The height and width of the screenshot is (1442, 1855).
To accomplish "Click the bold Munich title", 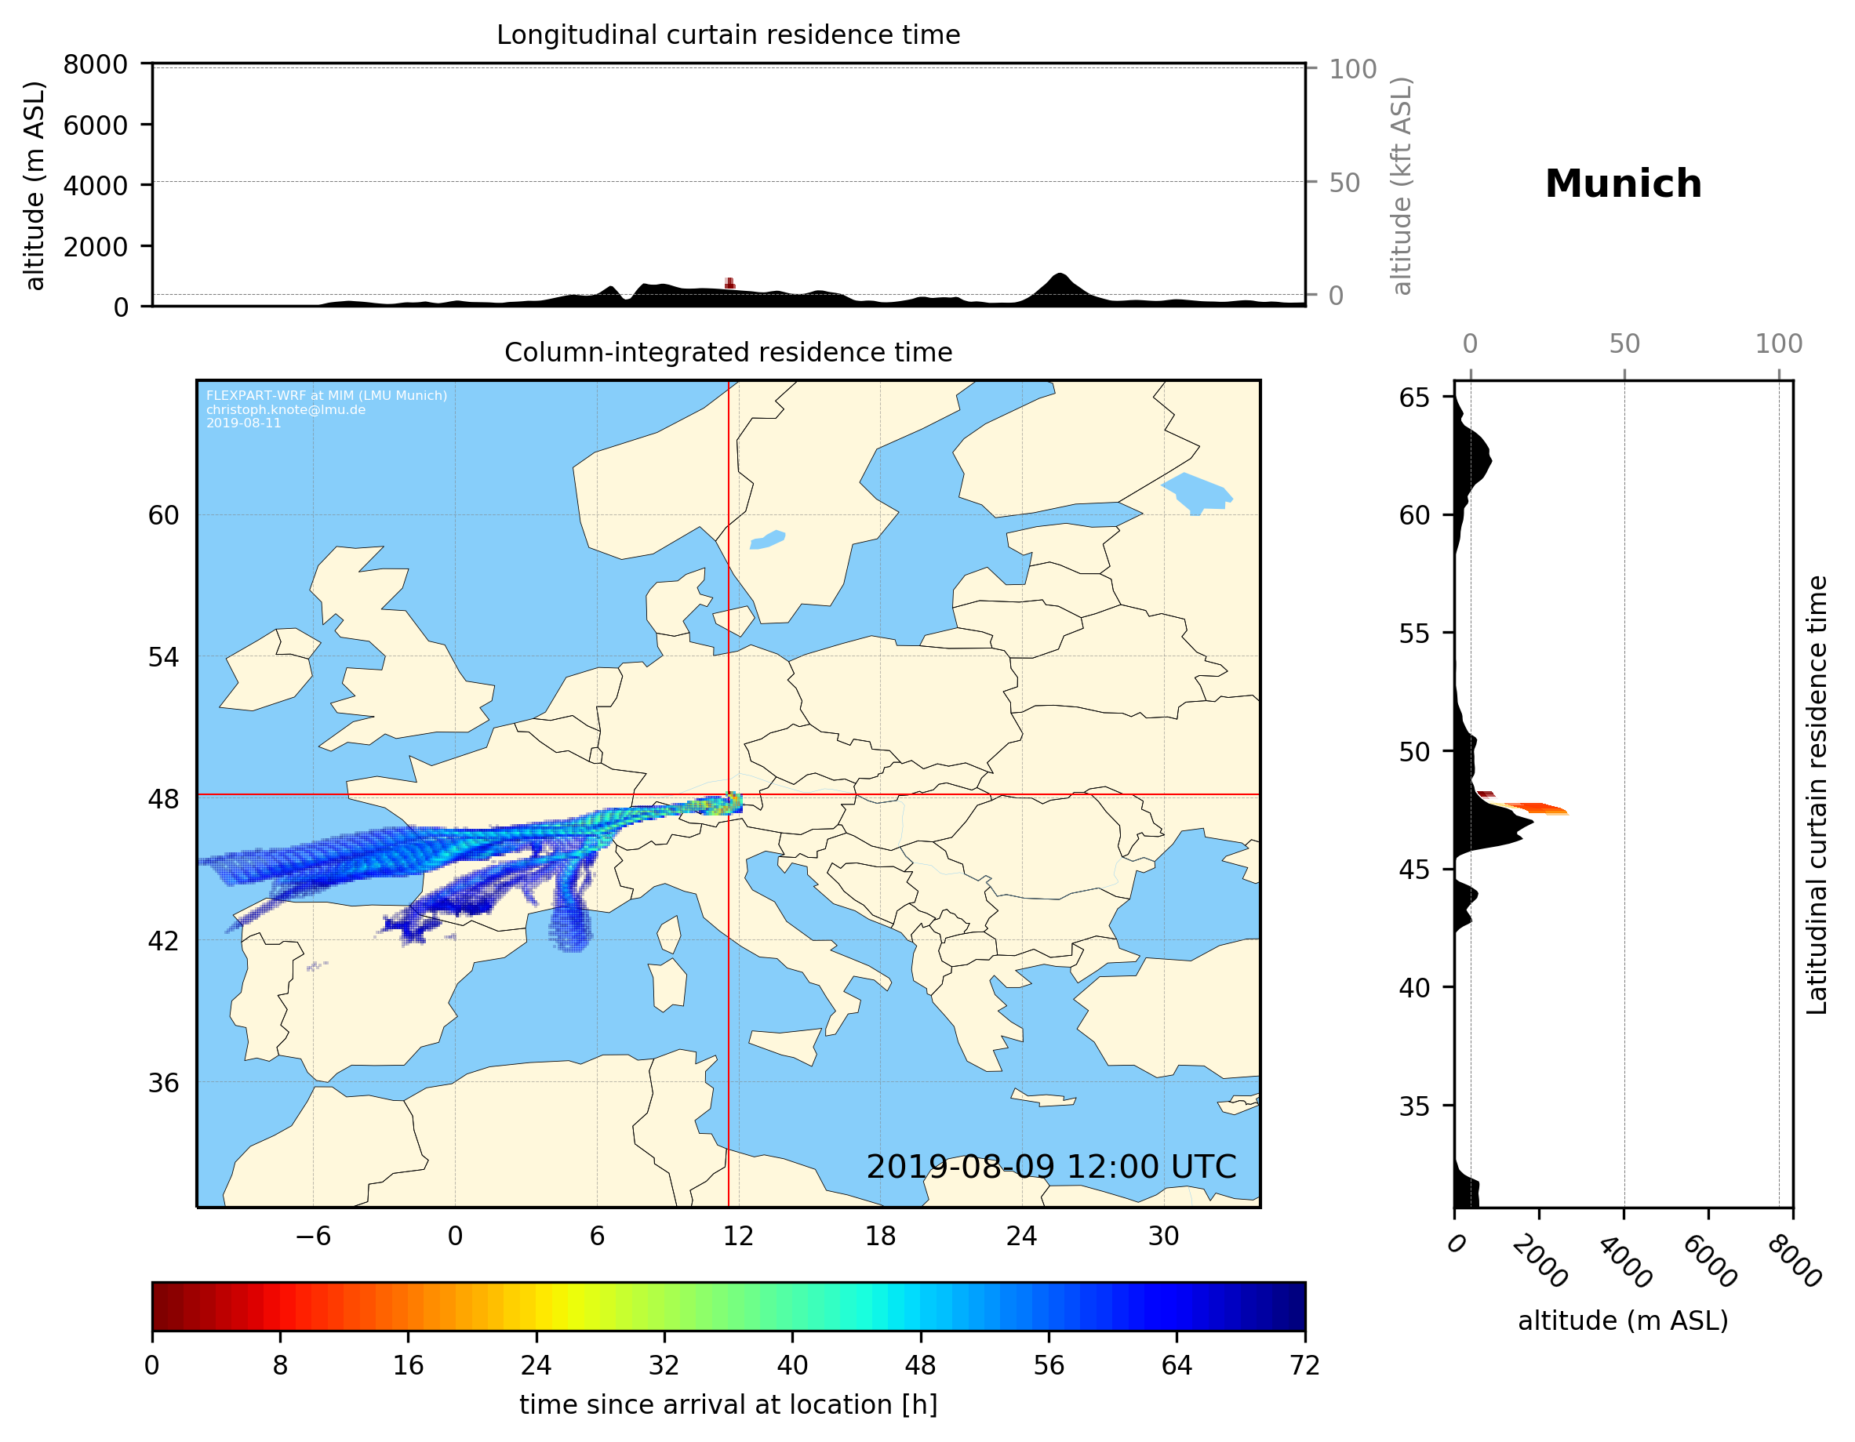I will coord(1623,184).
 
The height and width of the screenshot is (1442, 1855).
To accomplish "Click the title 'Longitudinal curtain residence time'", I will coord(728,35).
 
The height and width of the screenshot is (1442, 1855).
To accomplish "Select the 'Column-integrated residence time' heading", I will coord(728,352).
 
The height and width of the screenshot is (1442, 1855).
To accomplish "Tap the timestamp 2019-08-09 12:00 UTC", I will coord(1051,1167).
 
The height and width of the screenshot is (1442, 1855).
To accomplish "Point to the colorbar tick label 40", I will coord(792,1366).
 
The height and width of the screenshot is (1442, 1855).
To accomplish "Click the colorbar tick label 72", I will coord(1304,1366).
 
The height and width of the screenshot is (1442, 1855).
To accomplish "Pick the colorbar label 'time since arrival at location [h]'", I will coord(728,1404).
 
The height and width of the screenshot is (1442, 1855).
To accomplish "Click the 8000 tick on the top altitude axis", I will coord(95,64).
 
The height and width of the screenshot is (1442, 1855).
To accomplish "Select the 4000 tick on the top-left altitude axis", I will coord(95,185).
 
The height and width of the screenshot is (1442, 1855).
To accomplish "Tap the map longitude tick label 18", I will coord(880,1237).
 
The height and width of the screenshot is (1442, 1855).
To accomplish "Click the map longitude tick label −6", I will coord(312,1237).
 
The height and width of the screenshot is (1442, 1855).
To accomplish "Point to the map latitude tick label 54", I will coord(163,657).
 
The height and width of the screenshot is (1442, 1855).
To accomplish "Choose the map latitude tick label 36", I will coord(163,1083).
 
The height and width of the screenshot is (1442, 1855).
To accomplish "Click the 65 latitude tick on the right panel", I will coord(1414,398).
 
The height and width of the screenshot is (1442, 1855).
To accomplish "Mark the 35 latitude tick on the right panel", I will coord(1414,1106).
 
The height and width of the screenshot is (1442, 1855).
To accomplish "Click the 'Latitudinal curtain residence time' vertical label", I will coord(1816,795).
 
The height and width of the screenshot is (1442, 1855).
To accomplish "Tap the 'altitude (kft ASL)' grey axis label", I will coord(1402,187).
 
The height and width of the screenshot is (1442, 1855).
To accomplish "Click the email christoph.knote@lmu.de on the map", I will coord(286,409).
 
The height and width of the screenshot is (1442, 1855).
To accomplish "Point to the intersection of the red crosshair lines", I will coord(729,795).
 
